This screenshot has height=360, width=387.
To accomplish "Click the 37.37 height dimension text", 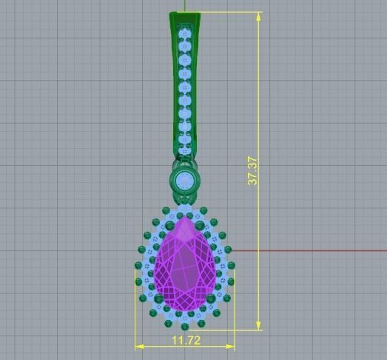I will pyautogui.click(x=253, y=170).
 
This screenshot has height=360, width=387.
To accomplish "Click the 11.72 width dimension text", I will pyautogui.click(x=185, y=340).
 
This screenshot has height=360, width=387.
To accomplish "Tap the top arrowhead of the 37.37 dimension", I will pyautogui.click(x=258, y=16).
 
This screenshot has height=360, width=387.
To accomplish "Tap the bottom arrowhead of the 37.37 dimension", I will pyautogui.click(x=258, y=325).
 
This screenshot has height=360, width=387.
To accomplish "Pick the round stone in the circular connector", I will pyautogui.click(x=184, y=179).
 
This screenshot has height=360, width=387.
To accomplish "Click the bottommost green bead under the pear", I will pyautogui.click(x=185, y=326).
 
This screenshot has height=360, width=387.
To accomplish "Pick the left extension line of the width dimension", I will pyautogui.click(x=135, y=311).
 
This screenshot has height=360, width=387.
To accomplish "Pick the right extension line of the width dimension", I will pyautogui.click(x=235, y=311).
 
